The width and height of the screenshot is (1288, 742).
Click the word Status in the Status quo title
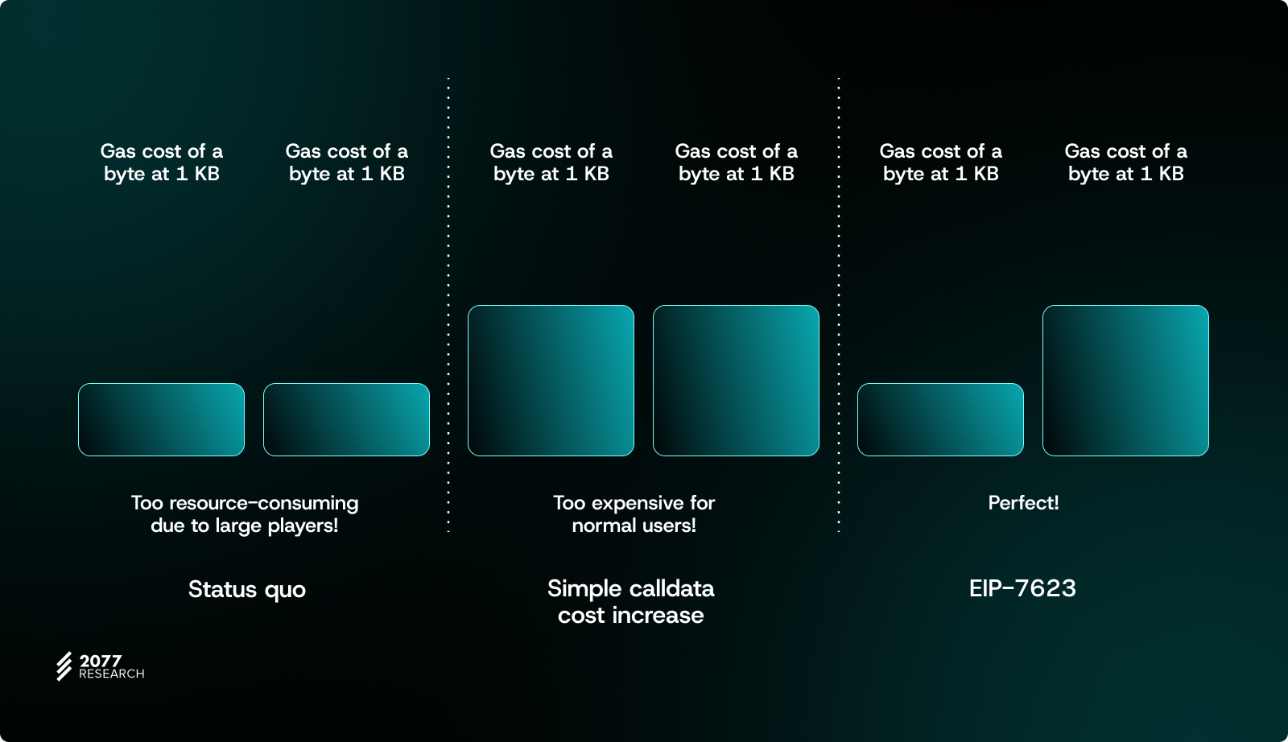[x=222, y=589]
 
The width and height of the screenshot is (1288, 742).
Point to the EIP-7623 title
[x=1022, y=588]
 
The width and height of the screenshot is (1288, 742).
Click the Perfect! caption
[x=1023, y=503]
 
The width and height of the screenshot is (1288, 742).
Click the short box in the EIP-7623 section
[x=941, y=419]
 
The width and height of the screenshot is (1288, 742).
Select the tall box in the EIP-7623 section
[x=1126, y=381]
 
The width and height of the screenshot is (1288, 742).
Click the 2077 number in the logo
[x=100, y=661]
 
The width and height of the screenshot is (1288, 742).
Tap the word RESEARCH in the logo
[x=112, y=674]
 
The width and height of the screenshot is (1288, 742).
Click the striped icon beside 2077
[x=64, y=666]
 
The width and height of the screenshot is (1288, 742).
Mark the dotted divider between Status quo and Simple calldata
[x=448, y=305]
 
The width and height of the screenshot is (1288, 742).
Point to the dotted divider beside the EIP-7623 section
[x=839, y=305]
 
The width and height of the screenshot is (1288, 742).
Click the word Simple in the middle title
[x=584, y=588]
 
